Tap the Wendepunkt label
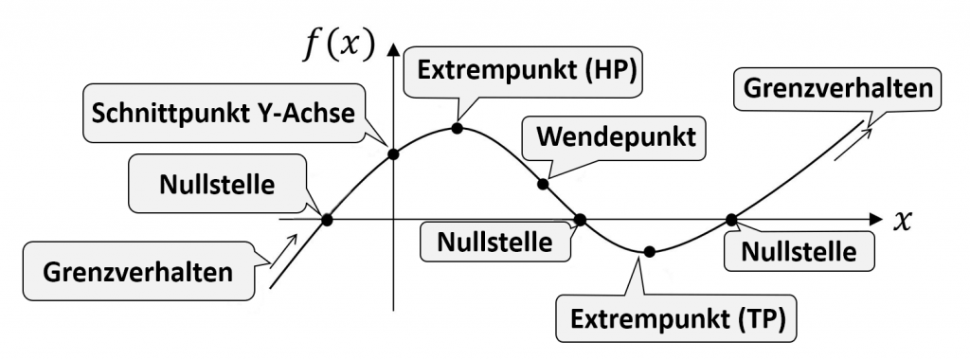click(616, 136)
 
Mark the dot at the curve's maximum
click(457, 127)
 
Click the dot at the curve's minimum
click(649, 252)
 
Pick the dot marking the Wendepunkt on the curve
click(543, 183)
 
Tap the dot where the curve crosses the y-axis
click(393, 154)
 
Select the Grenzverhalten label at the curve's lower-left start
click(138, 272)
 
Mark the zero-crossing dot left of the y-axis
click(327, 220)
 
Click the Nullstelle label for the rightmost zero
click(799, 252)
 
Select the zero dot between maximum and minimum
click(580, 220)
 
